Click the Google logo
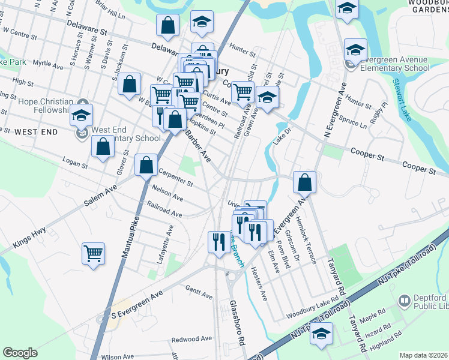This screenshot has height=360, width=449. coord(20,353)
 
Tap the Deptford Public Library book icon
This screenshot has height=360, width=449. coord(404,299)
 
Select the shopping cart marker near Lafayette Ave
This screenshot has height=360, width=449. coord(94,253)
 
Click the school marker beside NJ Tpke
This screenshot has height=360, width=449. coord(321,334)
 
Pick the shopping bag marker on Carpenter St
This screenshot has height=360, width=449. coord(146,164)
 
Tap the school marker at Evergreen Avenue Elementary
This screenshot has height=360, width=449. coord(355,50)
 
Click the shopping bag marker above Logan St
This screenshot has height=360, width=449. coord(103,147)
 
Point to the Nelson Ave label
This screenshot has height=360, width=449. coord(167,192)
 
